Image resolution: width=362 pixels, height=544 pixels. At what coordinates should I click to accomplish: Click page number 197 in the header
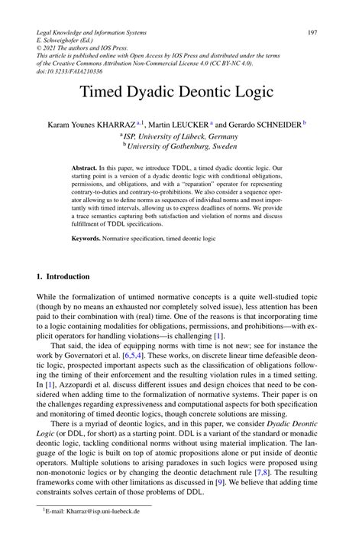click(312, 32)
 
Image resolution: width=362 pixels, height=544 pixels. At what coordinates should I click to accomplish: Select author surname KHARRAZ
click(115, 124)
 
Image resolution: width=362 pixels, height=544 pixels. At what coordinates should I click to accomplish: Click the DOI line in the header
click(64, 70)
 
